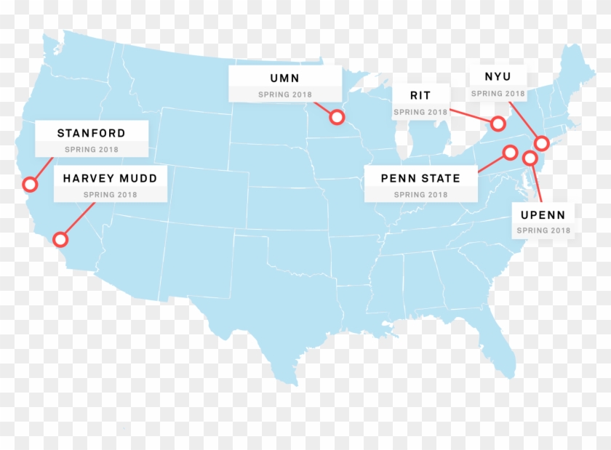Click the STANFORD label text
tap(91, 134)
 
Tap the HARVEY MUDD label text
tap(110, 178)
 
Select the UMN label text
tap(284, 79)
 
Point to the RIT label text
tap(420, 96)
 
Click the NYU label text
tap(498, 77)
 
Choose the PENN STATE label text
tap(420, 178)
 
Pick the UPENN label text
tap(543, 214)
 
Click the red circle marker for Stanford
tap(30, 185)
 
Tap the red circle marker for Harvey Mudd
tap(61, 238)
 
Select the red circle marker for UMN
tap(337, 116)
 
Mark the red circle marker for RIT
tap(498, 124)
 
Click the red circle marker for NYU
tap(541, 143)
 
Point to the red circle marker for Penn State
tap(510, 153)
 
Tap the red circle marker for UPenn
tap(530, 158)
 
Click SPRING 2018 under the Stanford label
tap(91, 150)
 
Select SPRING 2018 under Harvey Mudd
tap(110, 195)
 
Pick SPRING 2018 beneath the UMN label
tap(284, 95)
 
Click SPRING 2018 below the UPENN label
tap(543, 230)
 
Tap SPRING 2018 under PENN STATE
tap(420, 195)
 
